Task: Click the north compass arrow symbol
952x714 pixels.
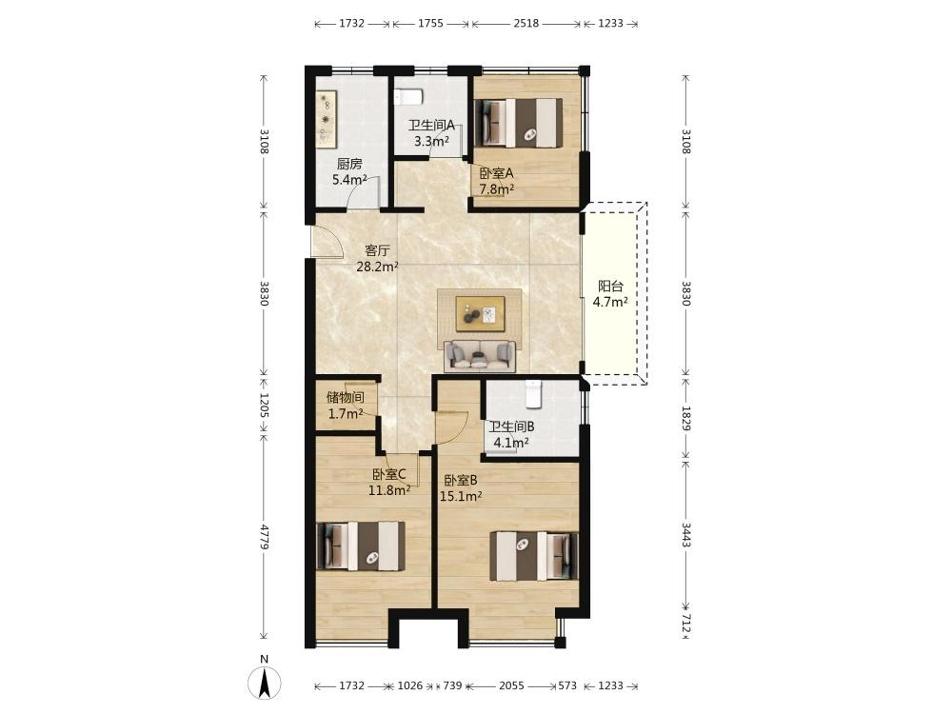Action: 265,682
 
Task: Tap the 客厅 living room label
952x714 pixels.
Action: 377,250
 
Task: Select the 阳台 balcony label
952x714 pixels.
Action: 610,286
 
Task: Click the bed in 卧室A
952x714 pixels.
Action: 519,122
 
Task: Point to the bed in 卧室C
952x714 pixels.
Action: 361,545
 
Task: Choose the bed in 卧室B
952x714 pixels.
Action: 534,556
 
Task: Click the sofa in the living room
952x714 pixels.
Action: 480,356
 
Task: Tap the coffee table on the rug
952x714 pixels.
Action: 480,313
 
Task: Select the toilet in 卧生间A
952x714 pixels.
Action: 407,97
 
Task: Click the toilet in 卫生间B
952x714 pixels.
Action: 532,394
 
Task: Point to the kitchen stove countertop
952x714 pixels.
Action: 327,119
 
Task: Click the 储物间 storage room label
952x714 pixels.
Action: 346,398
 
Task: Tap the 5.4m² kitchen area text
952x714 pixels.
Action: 349,180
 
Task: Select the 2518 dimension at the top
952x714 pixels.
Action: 526,23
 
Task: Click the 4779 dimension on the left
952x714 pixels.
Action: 264,537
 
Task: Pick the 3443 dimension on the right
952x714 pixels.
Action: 685,535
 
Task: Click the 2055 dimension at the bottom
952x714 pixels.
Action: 511,685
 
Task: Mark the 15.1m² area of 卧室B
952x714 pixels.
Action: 461,496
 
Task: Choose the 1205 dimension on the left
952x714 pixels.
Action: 264,405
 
